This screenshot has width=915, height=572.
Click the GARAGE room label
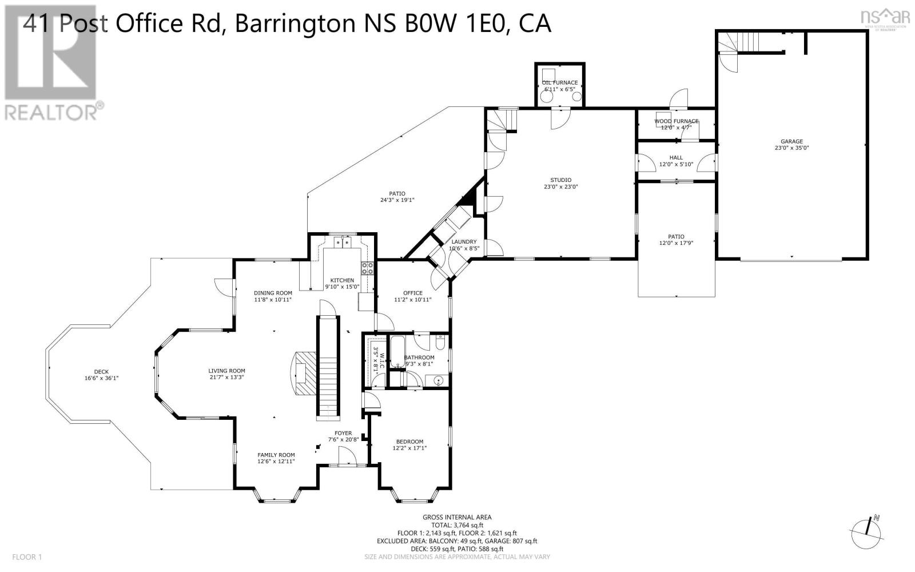click(791, 142)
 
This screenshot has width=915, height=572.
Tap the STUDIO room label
click(560, 180)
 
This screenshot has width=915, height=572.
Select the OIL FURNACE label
click(560, 83)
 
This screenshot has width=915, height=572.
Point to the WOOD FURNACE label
click(676, 121)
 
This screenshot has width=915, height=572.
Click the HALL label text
click(676, 158)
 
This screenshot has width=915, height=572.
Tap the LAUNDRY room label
click(463, 242)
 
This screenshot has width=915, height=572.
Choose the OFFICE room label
click(412, 293)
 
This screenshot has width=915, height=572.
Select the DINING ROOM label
click(273, 293)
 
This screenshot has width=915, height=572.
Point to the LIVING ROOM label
click(226, 371)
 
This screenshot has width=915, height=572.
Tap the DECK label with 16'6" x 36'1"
click(101, 372)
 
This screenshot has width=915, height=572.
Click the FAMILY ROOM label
click(276, 455)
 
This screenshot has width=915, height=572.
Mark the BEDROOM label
click(409, 442)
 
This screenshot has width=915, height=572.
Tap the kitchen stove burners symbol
click(367, 268)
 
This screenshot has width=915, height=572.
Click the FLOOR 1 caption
click(27, 557)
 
